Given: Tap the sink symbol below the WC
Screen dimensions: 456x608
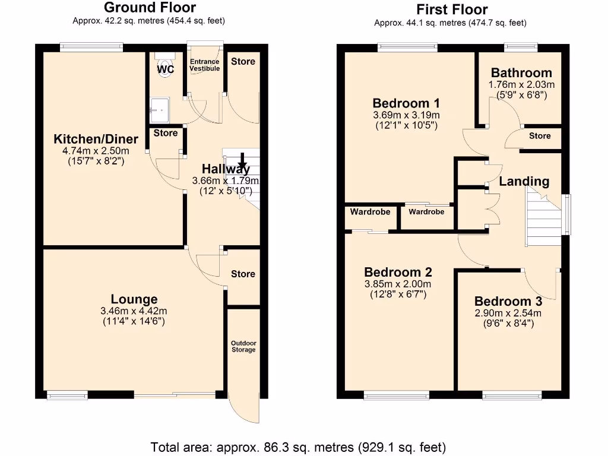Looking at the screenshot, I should coord(159,107).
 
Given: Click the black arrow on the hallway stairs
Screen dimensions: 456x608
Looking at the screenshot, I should coord(242,161).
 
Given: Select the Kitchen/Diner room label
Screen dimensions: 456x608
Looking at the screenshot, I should coord(96,139).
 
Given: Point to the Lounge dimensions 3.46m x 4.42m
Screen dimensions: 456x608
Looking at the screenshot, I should coord(134,311).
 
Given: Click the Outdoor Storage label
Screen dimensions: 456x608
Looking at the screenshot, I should coord(243,346).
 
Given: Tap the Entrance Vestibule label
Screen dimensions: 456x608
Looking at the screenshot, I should coord(204,65).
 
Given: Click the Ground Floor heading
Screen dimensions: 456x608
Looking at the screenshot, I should coord(149,8).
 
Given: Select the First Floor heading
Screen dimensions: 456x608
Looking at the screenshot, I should coord(452,9).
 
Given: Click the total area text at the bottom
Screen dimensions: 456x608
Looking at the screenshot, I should coord(298,446).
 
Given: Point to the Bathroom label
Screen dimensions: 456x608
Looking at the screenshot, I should coord(521,72).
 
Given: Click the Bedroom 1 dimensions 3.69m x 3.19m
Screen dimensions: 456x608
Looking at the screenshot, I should coord(406,115).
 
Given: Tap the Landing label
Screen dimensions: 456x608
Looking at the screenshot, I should coord(524,181).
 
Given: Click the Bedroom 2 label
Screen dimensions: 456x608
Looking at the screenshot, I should coord(398,272).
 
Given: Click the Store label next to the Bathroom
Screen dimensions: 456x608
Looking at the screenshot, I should coord(540,136).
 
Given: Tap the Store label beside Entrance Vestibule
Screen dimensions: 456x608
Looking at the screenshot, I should coord(243,61).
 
